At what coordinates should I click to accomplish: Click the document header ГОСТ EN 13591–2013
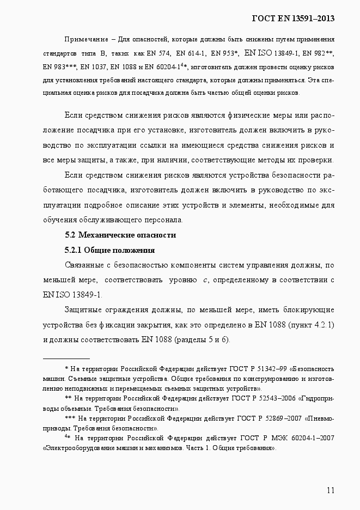pos(292,19)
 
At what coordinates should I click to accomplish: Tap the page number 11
pos(330,490)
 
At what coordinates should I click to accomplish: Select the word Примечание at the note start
pos(84,40)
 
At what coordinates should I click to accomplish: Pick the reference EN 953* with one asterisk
pos(223,53)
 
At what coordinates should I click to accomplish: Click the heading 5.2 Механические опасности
pos(120,235)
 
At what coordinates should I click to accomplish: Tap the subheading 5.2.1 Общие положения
pos(109,251)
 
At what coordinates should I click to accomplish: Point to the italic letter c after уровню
pos(205,280)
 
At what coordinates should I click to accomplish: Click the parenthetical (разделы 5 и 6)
pos(202,339)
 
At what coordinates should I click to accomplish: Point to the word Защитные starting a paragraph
pos(82,310)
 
